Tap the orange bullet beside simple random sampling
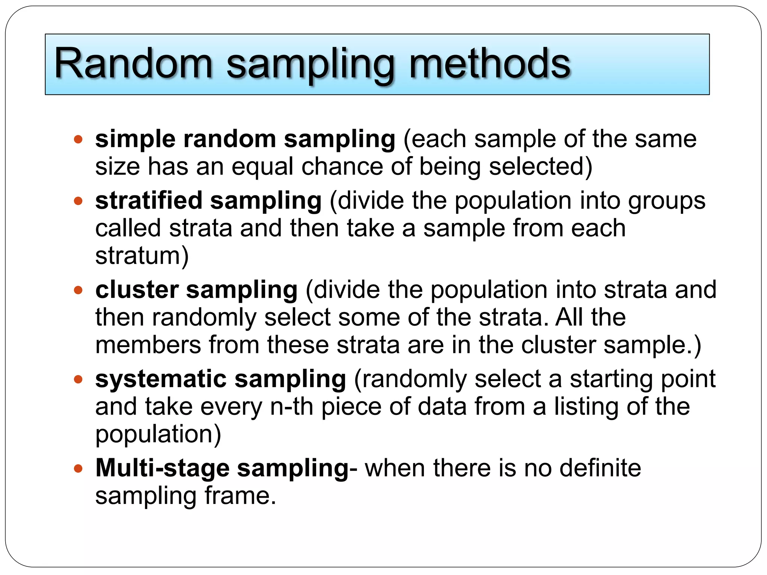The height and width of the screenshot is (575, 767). coord(78,140)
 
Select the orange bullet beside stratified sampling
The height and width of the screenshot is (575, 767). coord(78,201)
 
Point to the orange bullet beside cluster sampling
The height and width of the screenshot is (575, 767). coord(78,290)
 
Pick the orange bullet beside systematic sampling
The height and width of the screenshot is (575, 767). coord(78,380)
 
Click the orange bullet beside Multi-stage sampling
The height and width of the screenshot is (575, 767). coord(78,469)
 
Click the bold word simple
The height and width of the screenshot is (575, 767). coord(135,139)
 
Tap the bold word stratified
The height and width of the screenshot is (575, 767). coord(149,201)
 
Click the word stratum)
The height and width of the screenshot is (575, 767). coord(142,256)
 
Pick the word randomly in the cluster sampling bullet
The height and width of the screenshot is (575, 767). coord(204,317)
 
